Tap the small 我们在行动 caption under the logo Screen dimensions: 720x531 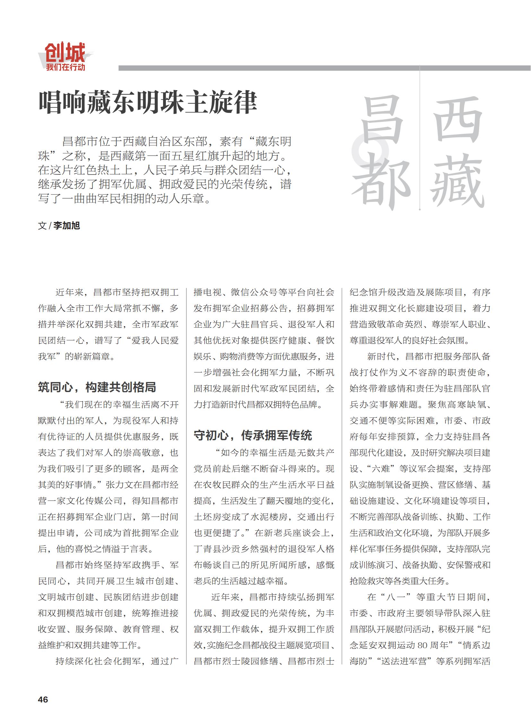(x=65, y=67)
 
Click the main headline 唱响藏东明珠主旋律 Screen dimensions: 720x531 (x=148, y=102)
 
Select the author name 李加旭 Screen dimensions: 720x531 (x=66, y=226)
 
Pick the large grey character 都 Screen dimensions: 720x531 (x=381, y=182)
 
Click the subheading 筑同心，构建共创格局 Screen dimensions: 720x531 (x=97, y=387)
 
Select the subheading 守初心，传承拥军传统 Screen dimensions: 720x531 (x=253, y=435)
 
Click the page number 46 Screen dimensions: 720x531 (x=43, y=699)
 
